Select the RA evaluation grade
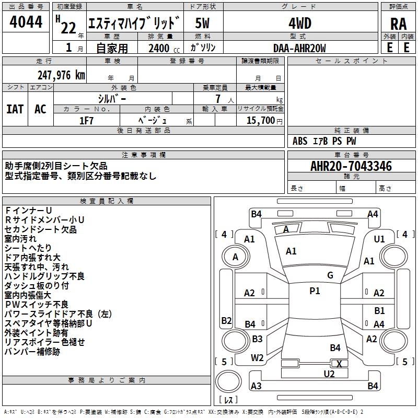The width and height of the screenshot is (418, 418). pos(398,24)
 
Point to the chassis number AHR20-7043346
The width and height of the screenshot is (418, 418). pos(351,167)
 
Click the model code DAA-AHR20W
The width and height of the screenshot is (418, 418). pos(299,48)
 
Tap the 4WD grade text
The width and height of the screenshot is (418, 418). pos(299,24)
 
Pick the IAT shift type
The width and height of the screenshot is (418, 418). pos(15,109)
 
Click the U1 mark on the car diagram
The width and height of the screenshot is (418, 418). pos(379,239)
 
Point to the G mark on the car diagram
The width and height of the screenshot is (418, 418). pos(330,275)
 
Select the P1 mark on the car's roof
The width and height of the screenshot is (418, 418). pos(315,291)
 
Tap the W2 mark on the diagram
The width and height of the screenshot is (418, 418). pos(257,358)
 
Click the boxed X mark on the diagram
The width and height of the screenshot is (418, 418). pos(339,364)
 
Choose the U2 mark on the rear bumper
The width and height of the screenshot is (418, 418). pos(329,374)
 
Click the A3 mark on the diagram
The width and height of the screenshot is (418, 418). pos(256,386)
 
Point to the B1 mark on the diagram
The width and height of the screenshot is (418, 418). pos(379,311)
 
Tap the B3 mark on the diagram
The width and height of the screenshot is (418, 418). pos(257,339)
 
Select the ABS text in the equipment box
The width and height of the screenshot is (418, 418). pos(300,141)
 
